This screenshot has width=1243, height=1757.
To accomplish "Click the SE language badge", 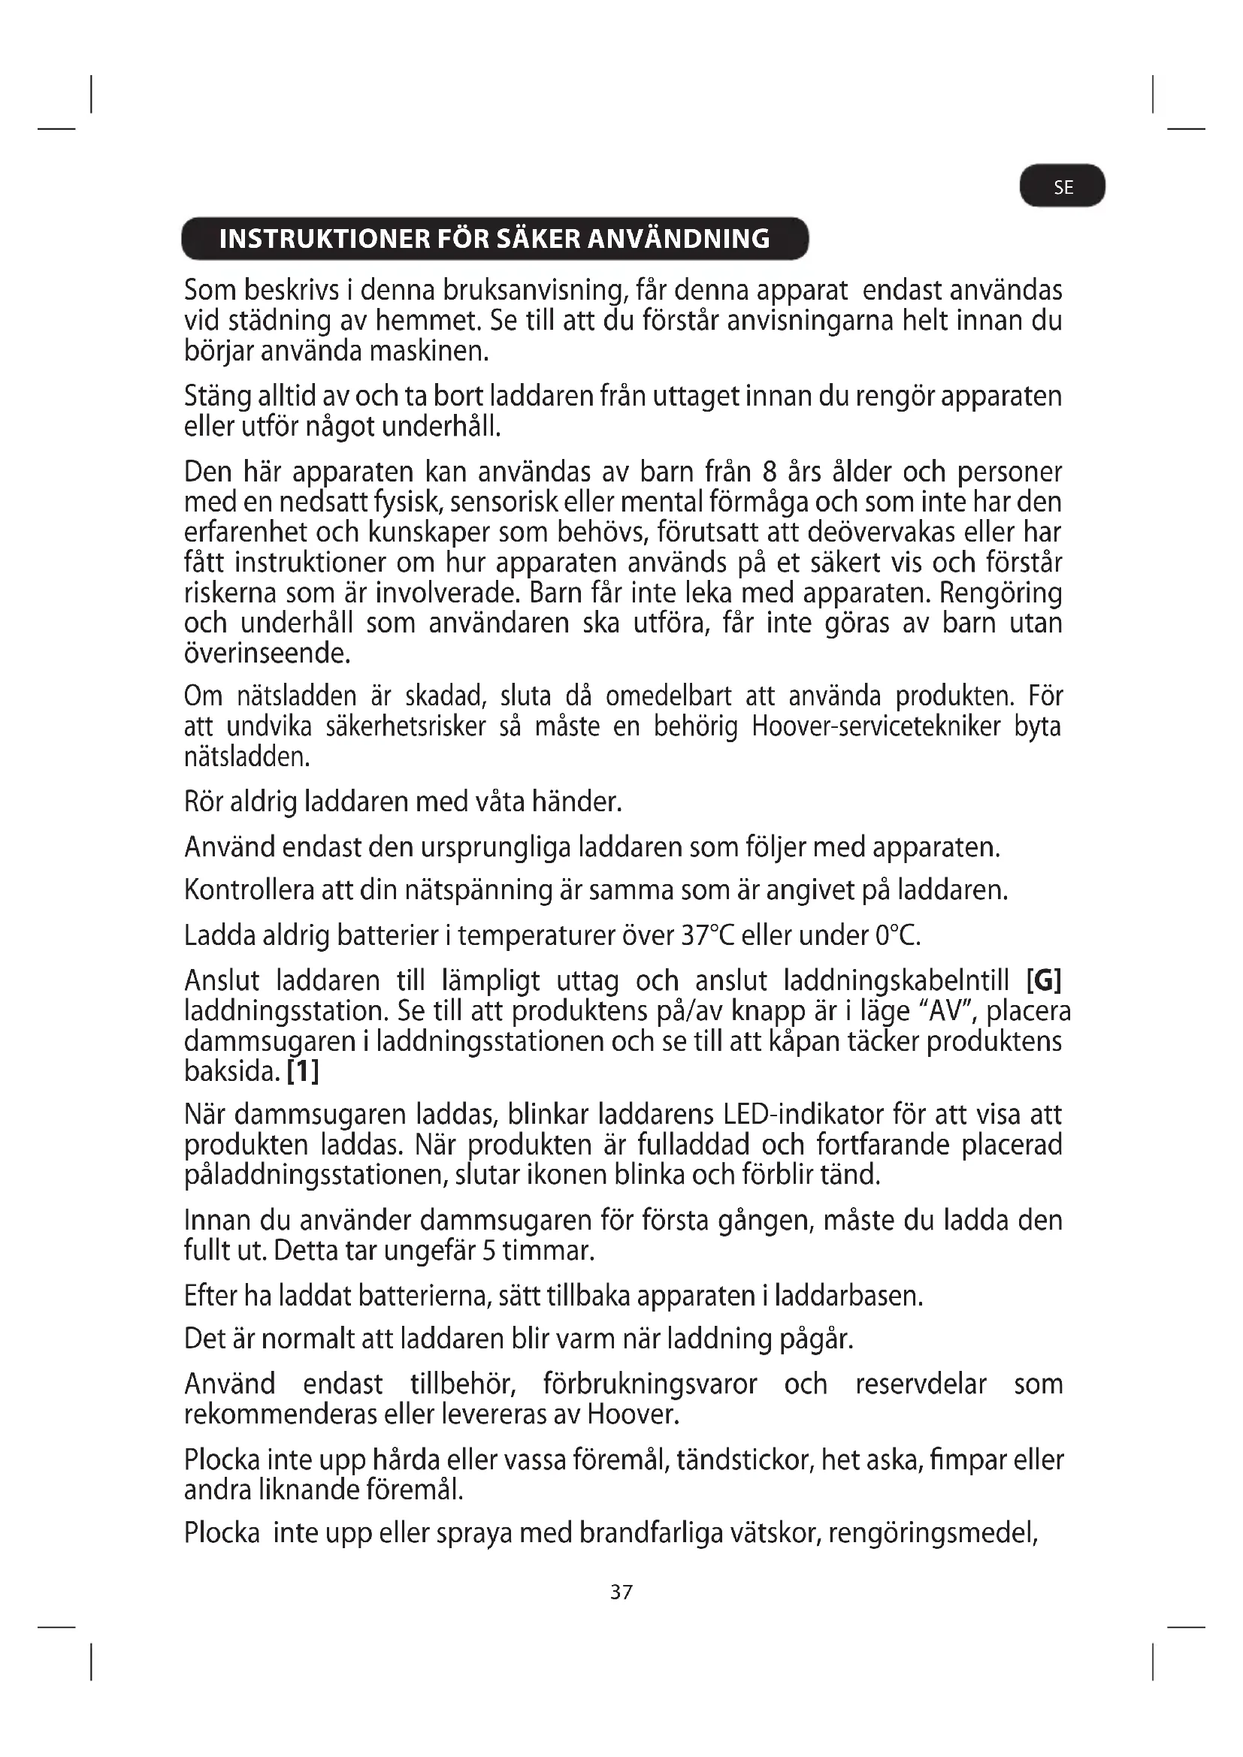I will (1063, 187).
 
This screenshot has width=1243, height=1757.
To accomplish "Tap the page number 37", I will (621, 1592).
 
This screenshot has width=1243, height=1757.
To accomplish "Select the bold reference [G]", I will (1043, 980).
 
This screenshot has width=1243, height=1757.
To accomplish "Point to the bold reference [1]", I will (302, 1070).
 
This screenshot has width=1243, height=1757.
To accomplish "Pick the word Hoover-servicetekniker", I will (876, 726).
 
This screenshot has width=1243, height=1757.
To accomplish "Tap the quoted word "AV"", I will (943, 1011).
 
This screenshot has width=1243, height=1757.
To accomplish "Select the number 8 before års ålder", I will (770, 472).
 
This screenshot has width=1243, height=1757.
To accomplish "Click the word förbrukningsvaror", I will (650, 1384).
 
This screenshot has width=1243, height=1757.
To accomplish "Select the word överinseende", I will (267, 653).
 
